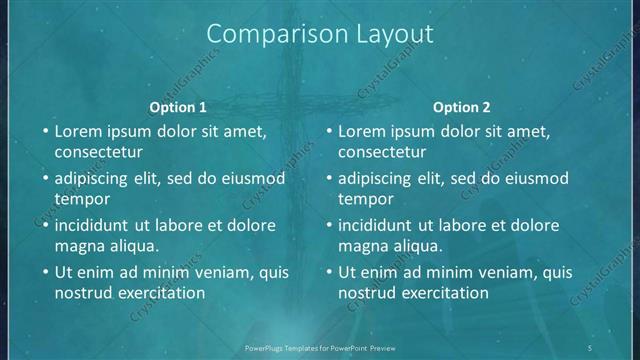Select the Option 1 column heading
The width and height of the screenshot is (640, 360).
[178, 107]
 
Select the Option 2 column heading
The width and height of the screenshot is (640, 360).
[462, 107]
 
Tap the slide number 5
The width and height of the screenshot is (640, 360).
[591, 347]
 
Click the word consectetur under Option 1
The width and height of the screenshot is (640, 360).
[99, 152]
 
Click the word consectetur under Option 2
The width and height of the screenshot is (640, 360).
[383, 152]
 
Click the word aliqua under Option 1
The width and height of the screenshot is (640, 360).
[134, 245]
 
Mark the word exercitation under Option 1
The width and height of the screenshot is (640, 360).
[161, 292]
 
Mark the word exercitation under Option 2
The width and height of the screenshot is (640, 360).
[445, 292]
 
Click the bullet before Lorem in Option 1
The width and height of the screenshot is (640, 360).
[43, 131]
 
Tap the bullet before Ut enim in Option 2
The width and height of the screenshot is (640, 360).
[327, 271]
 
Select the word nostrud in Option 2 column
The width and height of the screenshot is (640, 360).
[367, 292]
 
